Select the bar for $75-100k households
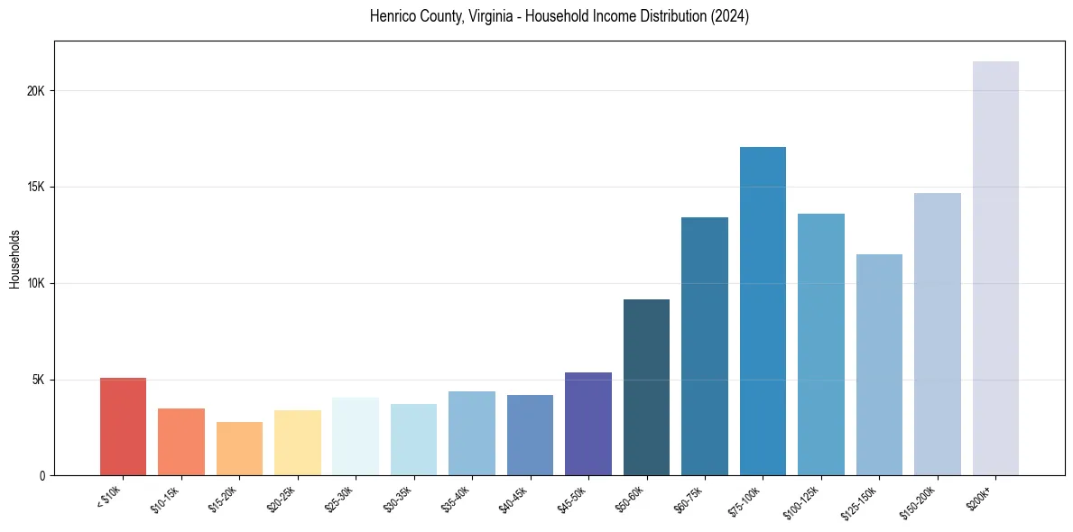tap(763, 311)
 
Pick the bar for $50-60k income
tap(646, 387)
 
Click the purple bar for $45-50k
tap(588, 424)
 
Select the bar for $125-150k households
tap(879, 364)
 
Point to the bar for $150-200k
tap(937, 334)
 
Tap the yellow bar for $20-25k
tap(298, 443)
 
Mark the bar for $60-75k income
tap(705, 346)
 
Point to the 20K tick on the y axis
tap(35, 91)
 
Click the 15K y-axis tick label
tap(35, 188)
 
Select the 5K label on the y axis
tap(38, 380)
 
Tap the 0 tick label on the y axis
tap(42, 476)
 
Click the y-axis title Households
tap(14, 259)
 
